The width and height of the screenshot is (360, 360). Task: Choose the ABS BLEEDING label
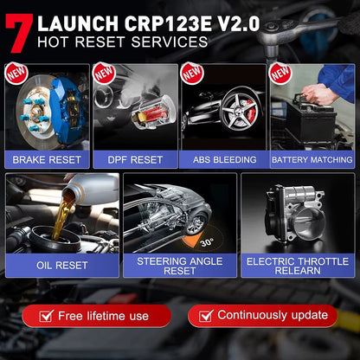[222, 159]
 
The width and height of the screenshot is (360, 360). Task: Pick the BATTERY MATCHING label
[312, 159]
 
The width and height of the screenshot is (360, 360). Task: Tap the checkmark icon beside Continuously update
[203, 315]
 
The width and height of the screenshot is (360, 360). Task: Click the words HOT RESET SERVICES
[121, 41]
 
